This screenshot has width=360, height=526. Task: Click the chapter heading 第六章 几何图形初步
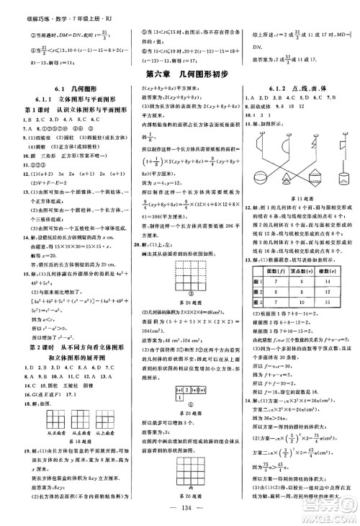(x=179, y=73)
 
